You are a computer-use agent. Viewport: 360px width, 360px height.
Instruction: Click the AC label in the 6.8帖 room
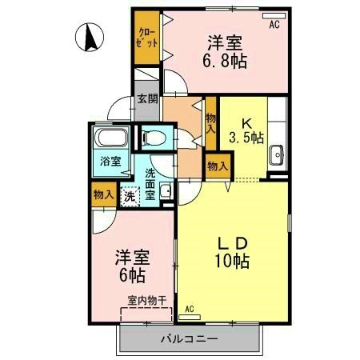pos(274,25)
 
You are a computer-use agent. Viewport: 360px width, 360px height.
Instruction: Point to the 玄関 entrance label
pos(146,99)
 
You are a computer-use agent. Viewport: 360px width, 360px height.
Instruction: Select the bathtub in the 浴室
pos(110,140)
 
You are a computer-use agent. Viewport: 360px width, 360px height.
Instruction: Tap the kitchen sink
pos(278,154)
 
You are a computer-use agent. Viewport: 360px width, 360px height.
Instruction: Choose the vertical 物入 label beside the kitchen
pos(210,122)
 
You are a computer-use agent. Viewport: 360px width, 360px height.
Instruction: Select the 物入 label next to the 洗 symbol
pos(102,194)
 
